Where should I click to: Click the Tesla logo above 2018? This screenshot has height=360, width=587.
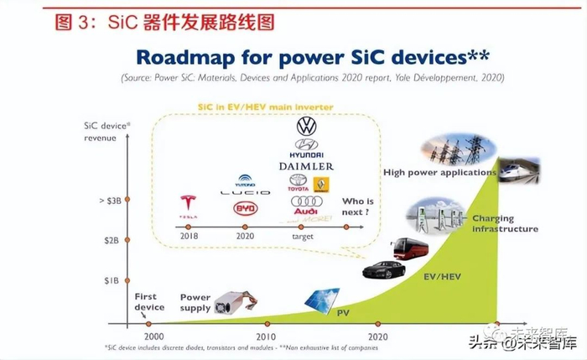pyautogui.click(x=189, y=202)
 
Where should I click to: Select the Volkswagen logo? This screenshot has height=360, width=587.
pyautogui.click(x=306, y=127)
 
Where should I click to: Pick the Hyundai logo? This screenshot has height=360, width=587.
pyautogui.click(x=306, y=148)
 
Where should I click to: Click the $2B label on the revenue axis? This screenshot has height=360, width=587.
pyautogui.click(x=112, y=241)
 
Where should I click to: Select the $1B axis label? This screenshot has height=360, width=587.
pyautogui.click(x=112, y=279)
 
